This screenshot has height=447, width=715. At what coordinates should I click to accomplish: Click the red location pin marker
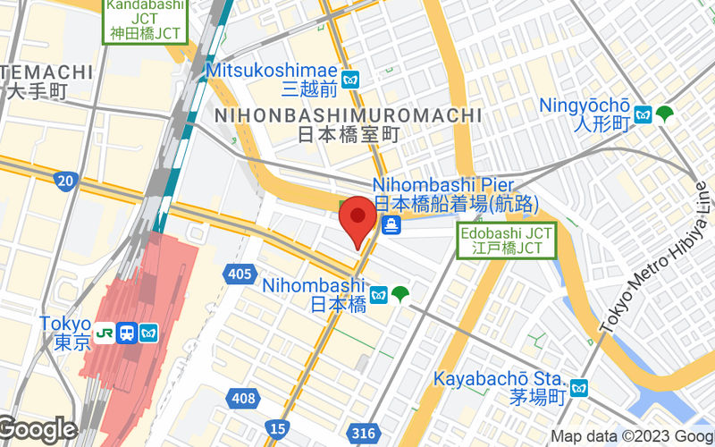click(x=358, y=218)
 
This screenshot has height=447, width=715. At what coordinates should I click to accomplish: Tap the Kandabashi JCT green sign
click(x=145, y=20)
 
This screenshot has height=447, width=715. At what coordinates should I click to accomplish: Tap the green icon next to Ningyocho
click(x=664, y=114)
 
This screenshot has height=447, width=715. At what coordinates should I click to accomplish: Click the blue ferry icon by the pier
click(x=391, y=225)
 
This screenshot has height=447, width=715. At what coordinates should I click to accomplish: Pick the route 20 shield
click(x=64, y=182)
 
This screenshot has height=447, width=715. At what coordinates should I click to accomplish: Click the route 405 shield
click(x=239, y=274)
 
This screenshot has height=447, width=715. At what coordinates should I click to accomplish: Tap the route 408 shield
click(x=242, y=395)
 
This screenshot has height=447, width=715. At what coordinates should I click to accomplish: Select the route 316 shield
click(x=363, y=434)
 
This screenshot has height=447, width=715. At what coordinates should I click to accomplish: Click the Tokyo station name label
click(x=65, y=333)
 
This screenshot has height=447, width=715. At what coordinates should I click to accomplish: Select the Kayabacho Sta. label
click(x=500, y=386)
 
